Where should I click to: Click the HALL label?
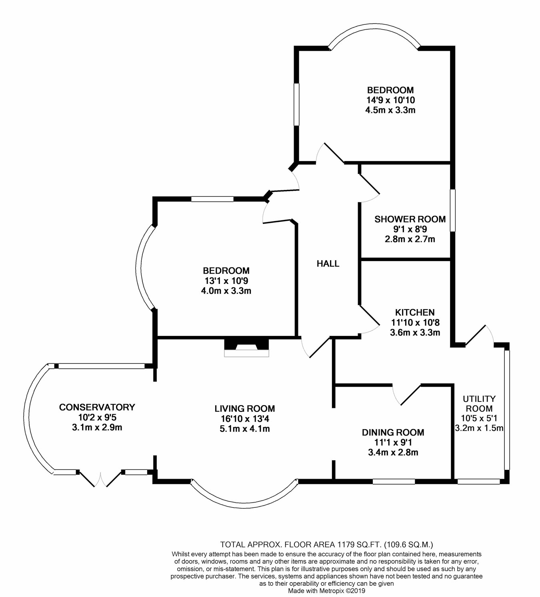click(328, 264)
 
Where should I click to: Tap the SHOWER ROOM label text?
click(410, 219)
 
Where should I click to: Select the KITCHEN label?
click(414, 312)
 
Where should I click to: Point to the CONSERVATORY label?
click(97, 407)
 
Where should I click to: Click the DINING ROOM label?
click(393, 432)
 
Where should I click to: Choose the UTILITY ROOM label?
click(479, 403)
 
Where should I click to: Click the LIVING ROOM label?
click(244, 409)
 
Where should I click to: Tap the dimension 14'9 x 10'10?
click(390, 100)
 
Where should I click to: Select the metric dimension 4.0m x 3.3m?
click(226, 291)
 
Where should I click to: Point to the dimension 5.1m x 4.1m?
click(244, 429)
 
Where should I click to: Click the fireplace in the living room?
click(246, 347)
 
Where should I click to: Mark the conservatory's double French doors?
click(100, 478)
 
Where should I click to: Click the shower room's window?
click(452, 210)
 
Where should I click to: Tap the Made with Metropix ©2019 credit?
click(326, 591)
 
